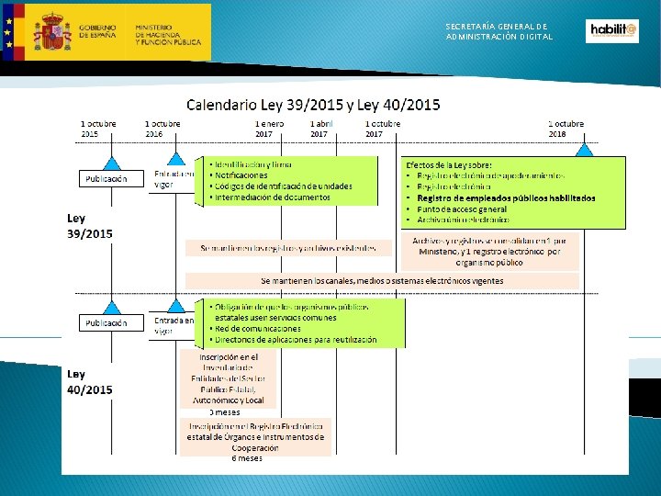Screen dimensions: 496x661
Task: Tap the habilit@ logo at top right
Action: click(611, 31)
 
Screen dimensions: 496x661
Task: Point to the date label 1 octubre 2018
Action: click(566, 129)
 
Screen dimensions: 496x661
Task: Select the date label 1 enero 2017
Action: click(270, 129)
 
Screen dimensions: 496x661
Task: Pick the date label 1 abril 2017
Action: click(319, 129)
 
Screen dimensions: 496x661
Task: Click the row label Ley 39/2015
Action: click(90, 227)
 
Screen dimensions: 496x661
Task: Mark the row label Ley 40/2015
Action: click(90, 382)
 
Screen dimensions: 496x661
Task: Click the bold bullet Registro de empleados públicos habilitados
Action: click(505, 197)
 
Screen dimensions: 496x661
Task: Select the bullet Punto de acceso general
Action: click(461, 209)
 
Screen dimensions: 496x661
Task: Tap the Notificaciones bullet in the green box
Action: click(241, 175)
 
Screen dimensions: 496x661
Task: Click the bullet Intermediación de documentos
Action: click(272, 197)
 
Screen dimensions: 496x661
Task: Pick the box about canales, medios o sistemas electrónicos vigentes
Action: click(382, 280)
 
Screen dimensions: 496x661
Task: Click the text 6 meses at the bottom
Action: click(247, 457)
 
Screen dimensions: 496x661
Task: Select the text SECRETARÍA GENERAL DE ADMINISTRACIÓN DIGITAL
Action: click(499, 32)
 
